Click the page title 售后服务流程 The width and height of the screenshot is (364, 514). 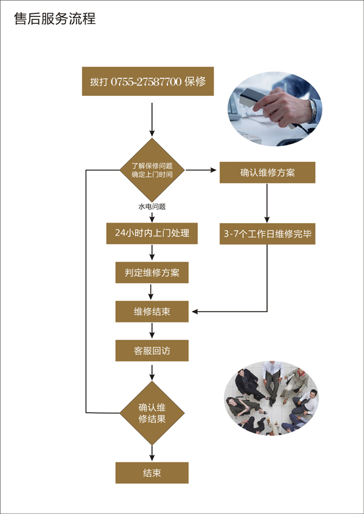[55, 19]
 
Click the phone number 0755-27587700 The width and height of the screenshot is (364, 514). [146, 82]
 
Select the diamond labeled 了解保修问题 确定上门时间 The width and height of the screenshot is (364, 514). [152, 170]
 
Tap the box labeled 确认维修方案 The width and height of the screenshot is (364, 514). [268, 173]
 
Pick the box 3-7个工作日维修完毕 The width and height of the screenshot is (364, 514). [268, 233]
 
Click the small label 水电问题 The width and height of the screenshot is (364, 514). [152, 207]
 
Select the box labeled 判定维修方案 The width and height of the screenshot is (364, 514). [152, 273]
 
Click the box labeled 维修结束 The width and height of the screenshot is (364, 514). [152, 312]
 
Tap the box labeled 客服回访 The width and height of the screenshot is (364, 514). [152, 351]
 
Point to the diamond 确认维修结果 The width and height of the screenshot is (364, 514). [152, 413]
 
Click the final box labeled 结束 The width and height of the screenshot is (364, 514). [152, 473]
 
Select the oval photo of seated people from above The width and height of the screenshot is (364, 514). [271, 398]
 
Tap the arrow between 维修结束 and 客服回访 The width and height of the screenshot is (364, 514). [152, 331]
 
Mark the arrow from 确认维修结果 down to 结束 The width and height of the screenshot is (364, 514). [152, 452]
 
